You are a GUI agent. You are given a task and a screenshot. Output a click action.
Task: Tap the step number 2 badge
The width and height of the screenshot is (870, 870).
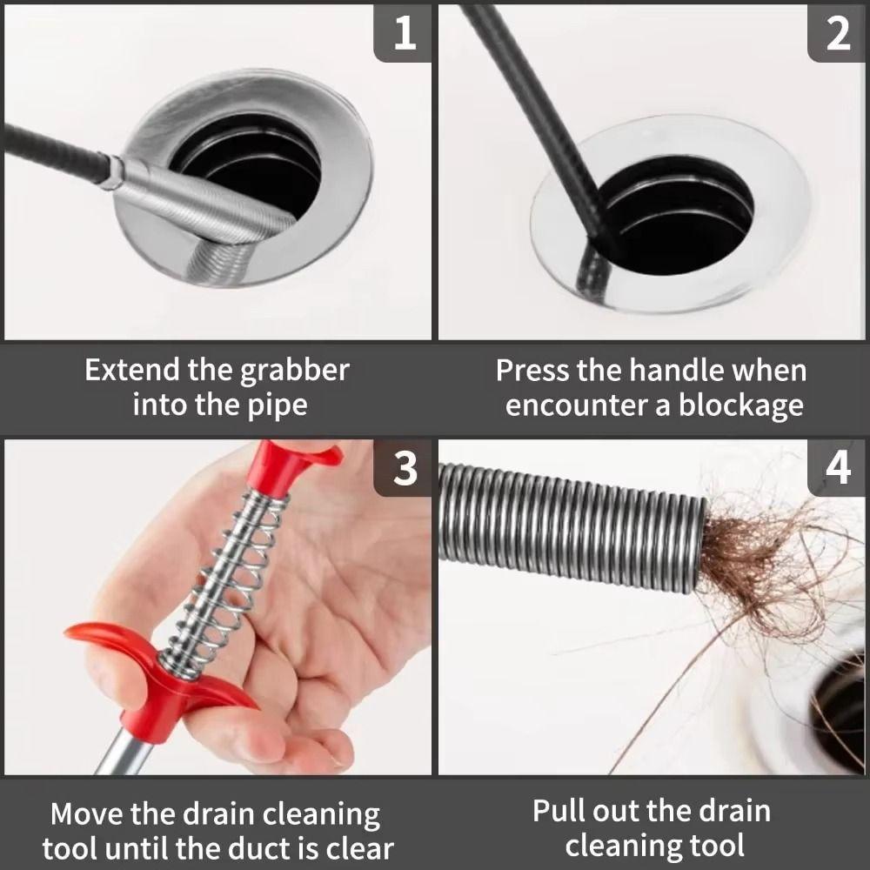837,32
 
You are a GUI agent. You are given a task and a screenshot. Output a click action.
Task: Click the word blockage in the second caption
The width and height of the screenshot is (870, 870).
741,405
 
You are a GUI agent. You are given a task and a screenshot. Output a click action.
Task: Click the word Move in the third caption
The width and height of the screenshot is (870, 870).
87,815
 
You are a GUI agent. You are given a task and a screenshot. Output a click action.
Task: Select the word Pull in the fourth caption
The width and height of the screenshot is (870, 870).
560,811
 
